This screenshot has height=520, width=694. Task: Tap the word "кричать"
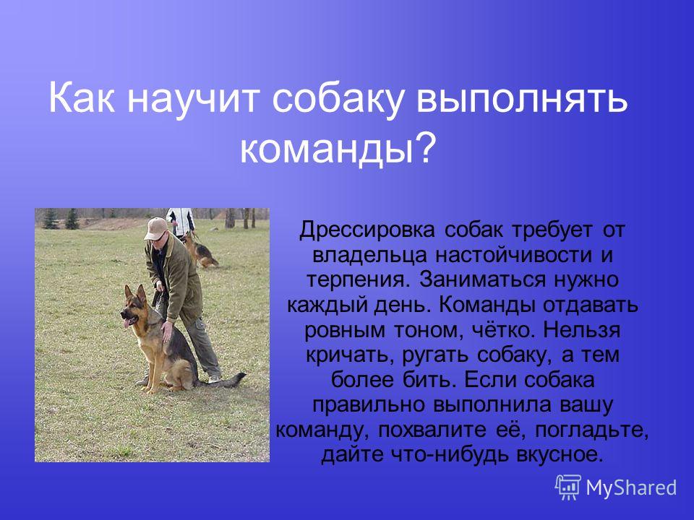pyautogui.click(x=350, y=355)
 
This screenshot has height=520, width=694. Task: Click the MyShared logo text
pyautogui.click(x=631, y=487)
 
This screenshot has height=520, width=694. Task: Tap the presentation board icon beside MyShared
pyautogui.click(x=568, y=487)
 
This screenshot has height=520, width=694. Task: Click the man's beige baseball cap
pyautogui.click(x=156, y=227)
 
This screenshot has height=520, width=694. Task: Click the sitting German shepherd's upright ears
pyautogui.click(x=135, y=294)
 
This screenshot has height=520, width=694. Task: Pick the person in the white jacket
pyautogui.click(x=181, y=222)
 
